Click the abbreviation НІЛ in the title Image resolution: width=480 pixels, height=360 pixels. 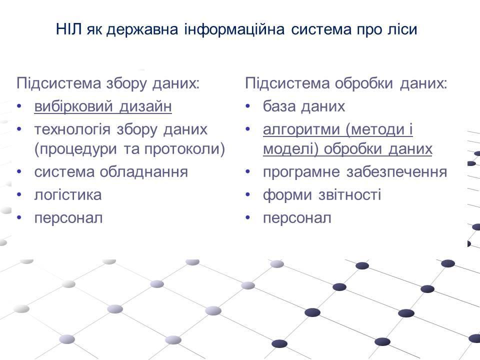(x=69, y=29)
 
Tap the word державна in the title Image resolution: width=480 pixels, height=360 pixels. (x=142, y=30)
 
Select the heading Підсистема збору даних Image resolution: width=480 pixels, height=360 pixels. (x=108, y=83)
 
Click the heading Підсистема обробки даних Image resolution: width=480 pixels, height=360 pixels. (x=346, y=83)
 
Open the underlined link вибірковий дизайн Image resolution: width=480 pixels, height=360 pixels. (x=103, y=106)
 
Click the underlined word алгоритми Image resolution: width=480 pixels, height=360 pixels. (x=302, y=130)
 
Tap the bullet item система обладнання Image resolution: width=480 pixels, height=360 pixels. (x=111, y=172)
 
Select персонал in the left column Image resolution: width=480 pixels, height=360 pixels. (x=68, y=218)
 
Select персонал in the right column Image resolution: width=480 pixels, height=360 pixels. (x=297, y=218)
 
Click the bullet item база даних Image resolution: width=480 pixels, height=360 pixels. (x=304, y=106)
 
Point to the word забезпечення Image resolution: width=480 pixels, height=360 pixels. (x=396, y=172)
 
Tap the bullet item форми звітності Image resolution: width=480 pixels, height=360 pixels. (x=322, y=195)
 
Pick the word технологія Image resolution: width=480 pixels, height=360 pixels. (x=72, y=130)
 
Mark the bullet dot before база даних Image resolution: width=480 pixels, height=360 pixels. (x=247, y=106)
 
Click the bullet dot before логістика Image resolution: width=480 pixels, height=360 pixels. (x=19, y=195)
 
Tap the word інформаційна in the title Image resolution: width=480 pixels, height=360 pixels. (x=234, y=30)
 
